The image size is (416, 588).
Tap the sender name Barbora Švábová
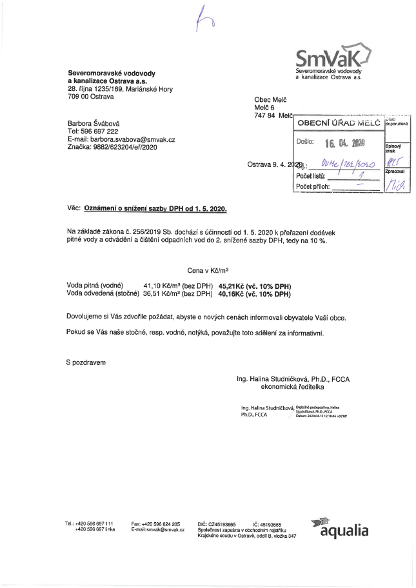pos(94,122)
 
